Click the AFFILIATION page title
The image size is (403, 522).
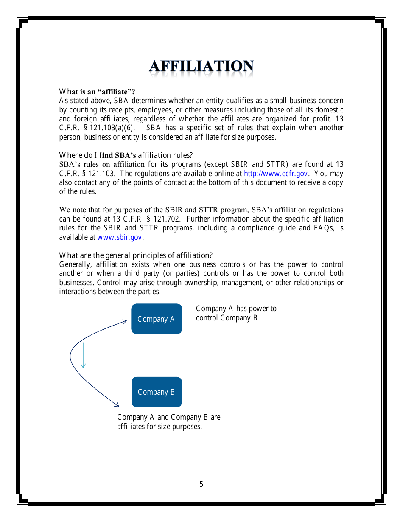point(201,67)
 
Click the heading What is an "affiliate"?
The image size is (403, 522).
point(97,92)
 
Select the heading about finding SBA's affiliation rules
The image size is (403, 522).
point(126,155)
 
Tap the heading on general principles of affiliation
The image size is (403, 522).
point(136,255)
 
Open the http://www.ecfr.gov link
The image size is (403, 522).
point(276,174)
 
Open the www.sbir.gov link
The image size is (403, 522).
point(120,238)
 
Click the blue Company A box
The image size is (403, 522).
point(156,319)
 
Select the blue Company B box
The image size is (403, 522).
point(156,392)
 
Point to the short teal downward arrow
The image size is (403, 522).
point(83,356)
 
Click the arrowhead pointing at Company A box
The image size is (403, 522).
point(124,321)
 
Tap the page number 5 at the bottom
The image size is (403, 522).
point(201,484)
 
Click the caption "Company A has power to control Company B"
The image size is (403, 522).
point(236,313)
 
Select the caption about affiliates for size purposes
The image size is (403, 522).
point(168,422)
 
